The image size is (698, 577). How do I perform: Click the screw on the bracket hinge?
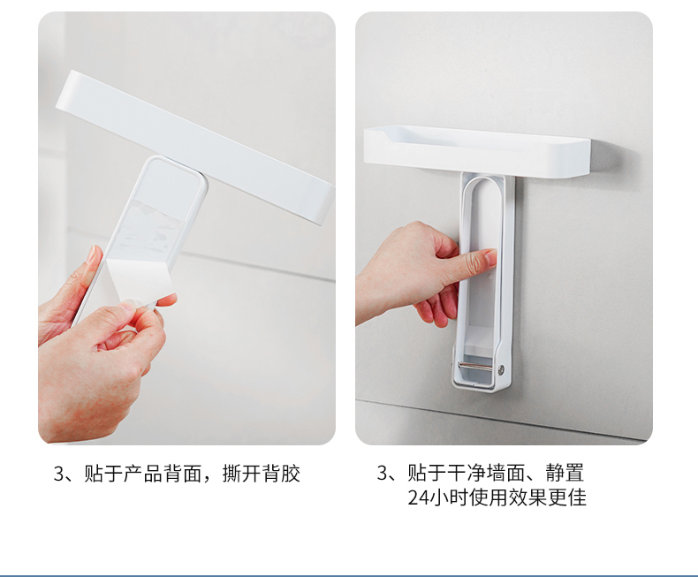click(x=502, y=368)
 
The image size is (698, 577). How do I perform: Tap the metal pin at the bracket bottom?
click(x=474, y=366)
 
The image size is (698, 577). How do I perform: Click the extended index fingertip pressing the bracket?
click(x=490, y=256)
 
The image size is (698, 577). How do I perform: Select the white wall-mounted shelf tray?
click(x=477, y=151)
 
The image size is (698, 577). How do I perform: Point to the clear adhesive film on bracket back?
click(x=153, y=224)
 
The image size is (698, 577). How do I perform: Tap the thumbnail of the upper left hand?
click(x=91, y=255)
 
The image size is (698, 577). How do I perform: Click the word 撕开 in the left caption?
click(x=241, y=474)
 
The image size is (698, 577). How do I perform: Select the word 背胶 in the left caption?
click(x=280, y=474)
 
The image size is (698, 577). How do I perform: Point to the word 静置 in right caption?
click(x=565, y=473)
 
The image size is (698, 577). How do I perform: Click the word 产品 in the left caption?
click(x=142, y=474)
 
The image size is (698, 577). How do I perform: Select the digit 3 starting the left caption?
click(x=59, y=474)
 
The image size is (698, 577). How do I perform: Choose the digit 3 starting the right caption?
click(x=383, y=473)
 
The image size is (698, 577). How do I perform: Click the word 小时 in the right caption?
click(x=448, y=497)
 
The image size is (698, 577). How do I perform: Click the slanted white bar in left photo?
click(x=196, y=147)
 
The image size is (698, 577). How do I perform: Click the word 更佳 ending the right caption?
click(x=567, y=497)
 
